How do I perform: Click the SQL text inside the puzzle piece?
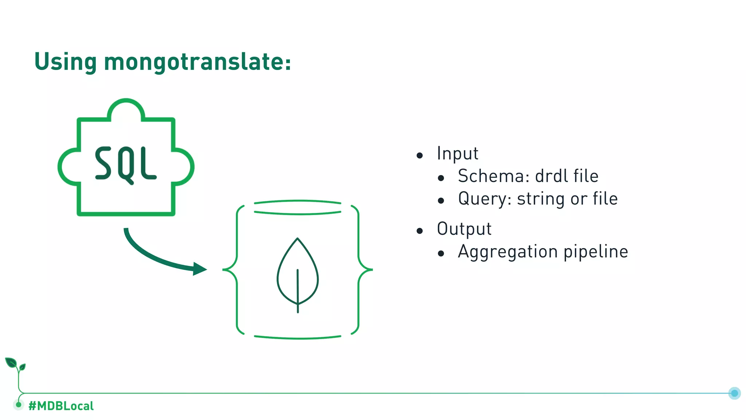(x=126, y=164)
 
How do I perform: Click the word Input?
(x=457, y=153)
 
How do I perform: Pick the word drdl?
(x=551, y=176)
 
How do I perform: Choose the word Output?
(x=464, y=229)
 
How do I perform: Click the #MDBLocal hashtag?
(x=61, y=406)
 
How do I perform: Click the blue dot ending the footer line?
(x=734, y=393)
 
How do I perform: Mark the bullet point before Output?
(x=420, y=231)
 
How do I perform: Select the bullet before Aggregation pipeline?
(x=441, y=253)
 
